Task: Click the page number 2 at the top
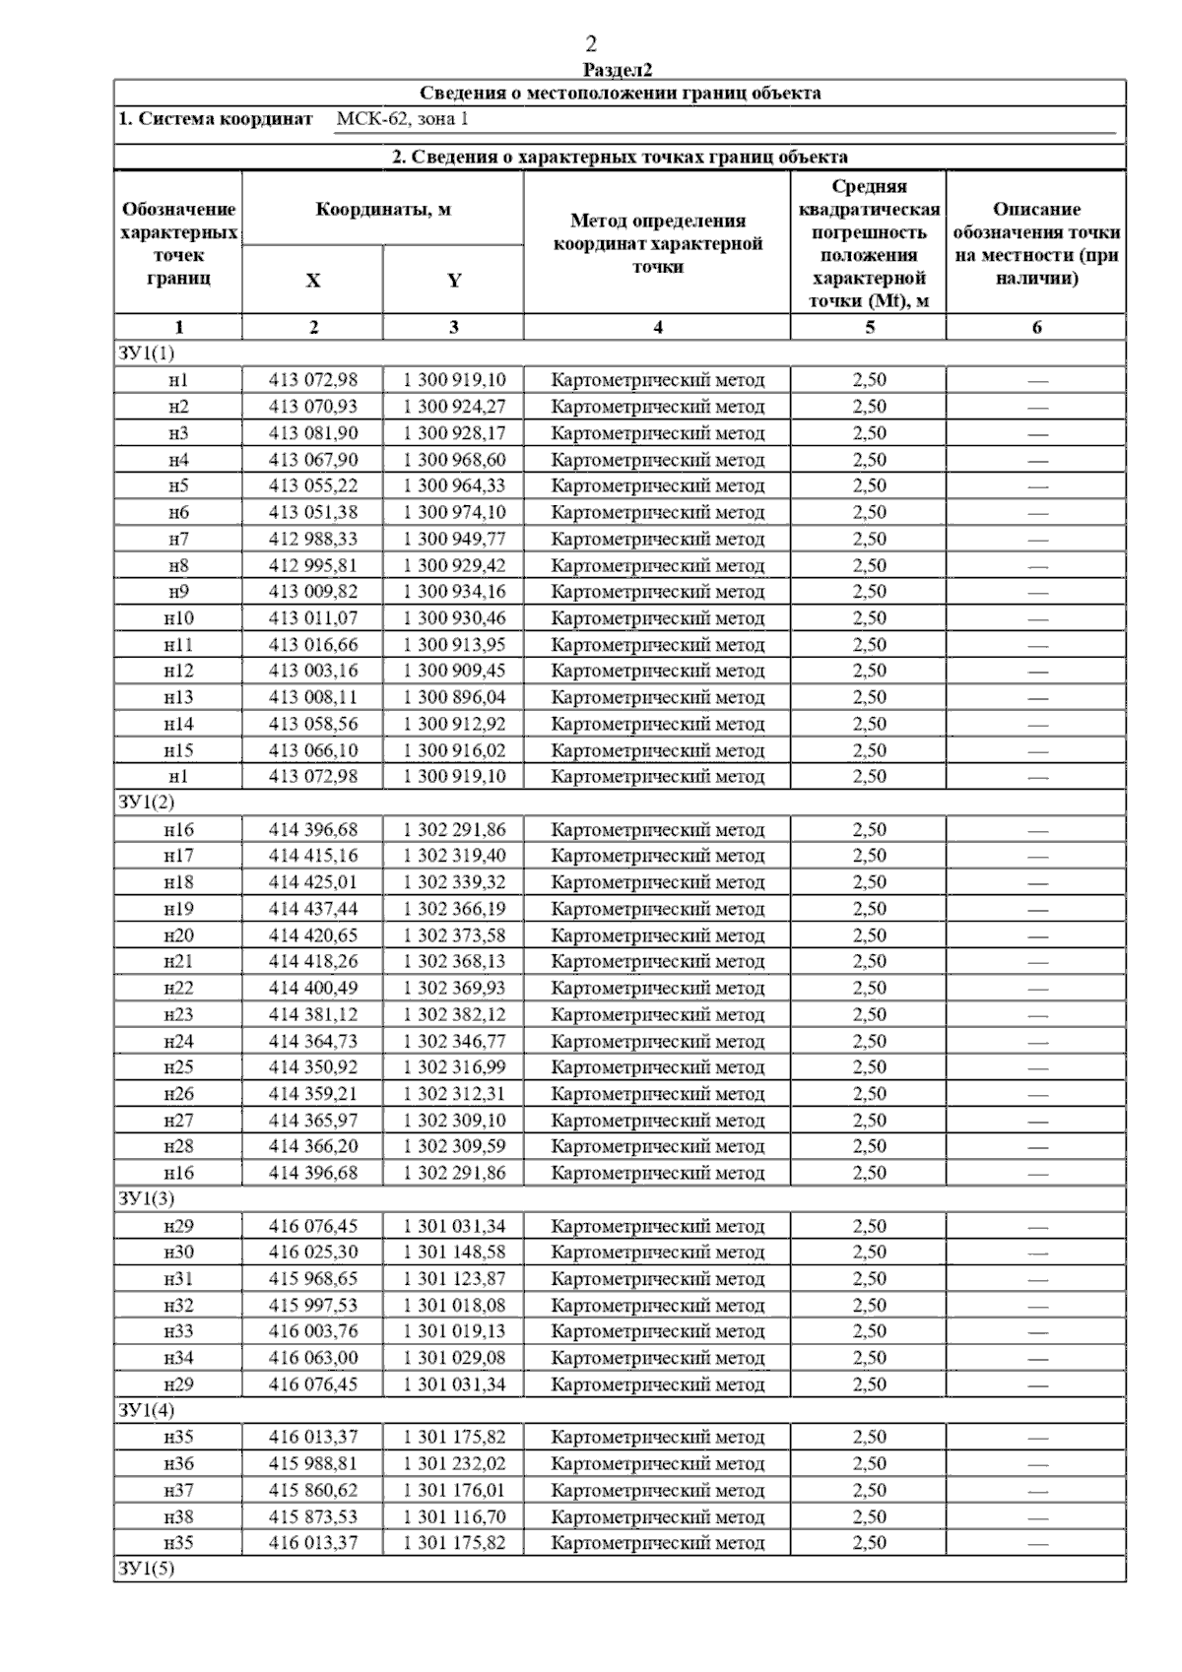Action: (591, 44)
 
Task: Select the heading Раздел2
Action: (618, 70)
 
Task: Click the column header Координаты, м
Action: (383, 210)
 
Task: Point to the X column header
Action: (312, 281)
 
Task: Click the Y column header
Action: (453, 281)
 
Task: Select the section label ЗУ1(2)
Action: (146, 803)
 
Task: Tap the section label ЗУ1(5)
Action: (146, 1569)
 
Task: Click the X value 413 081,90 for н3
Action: (313, 433)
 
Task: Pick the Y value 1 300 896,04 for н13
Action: (454, 697)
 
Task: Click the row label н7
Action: (178, 539)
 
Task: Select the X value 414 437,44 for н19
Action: (313, 909)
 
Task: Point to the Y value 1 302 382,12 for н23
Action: (454, 1014)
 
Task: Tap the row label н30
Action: (178, 1253)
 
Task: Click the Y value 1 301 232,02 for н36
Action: (454, 1463)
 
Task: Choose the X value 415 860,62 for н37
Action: (313, 1490)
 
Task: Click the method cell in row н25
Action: (657, 1067)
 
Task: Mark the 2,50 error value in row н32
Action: (869, 1306)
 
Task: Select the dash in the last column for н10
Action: (1036, 619)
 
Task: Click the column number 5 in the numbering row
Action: (869, 328)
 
